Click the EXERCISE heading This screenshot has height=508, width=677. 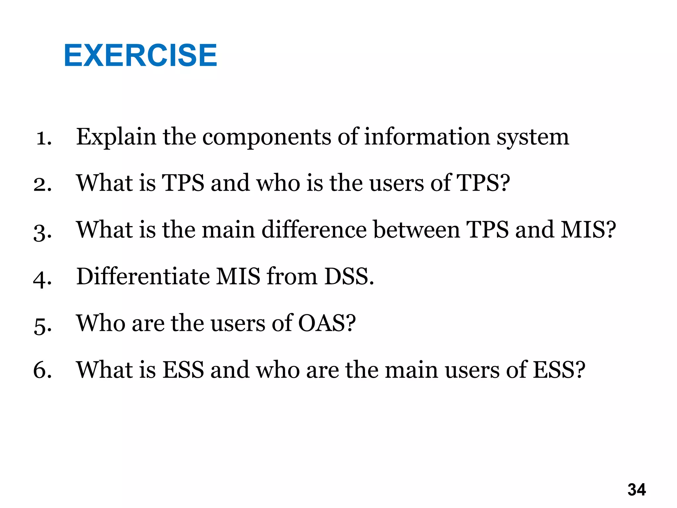(x=140, y=55)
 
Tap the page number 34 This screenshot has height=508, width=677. (x=636, y=490)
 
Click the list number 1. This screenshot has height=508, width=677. (x=44, y=138)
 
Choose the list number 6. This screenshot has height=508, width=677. (x=43, y=370)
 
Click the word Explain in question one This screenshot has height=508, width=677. (x=116, y=137)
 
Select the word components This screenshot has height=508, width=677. (x=266, y=137)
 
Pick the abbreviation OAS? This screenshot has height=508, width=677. (x=327, y=323)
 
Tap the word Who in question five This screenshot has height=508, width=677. (x=100, y=323)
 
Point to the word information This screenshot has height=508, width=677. (x=427, y=137)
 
